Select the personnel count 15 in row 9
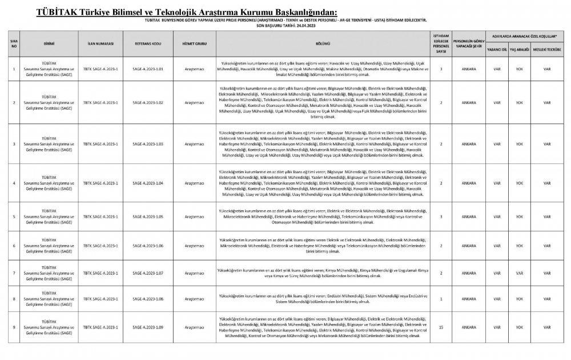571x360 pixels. [x=441, y=327]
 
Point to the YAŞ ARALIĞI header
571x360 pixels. [x=520, y=50]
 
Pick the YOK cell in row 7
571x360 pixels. [x=520, y=274]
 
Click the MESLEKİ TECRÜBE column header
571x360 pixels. [x=547, y=50]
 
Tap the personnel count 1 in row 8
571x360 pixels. [x=441, y=299]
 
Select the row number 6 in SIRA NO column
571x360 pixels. [x=14, y=245]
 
